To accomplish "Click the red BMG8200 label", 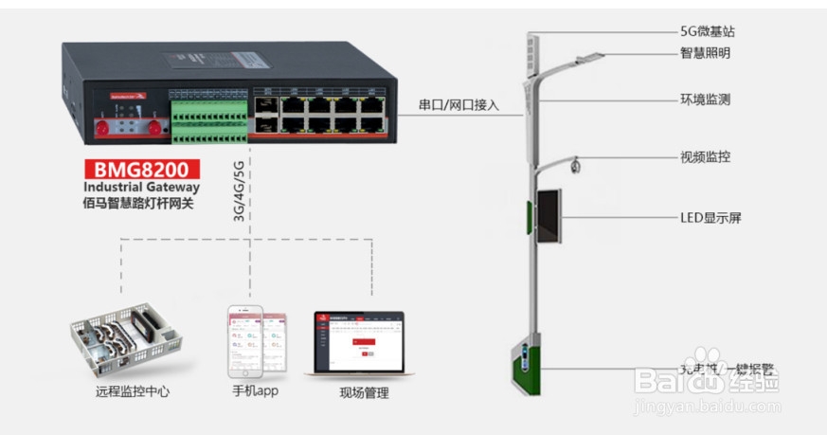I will (x=142, y=170).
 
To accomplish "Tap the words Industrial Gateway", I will (x=142, y=188).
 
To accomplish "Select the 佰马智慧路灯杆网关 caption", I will (x=138, y=203).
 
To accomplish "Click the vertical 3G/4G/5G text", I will (x=239, y=190).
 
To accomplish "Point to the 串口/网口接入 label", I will (x=458, y=104).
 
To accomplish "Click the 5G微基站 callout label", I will (x=707, y=31).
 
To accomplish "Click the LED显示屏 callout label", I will (x=710, y=217).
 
